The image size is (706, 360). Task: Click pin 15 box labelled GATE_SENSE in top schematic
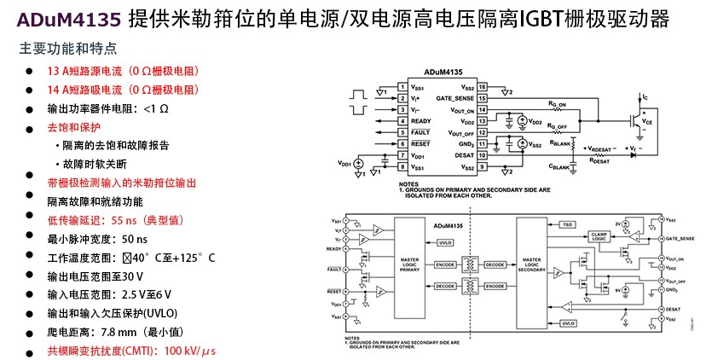coord(482,98)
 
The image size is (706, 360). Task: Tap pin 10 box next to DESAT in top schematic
coord(482,154)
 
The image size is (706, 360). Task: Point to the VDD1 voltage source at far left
coord(359,162)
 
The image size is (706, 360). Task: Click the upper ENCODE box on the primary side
coord(444,264)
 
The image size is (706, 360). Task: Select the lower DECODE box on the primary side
coord(444,286)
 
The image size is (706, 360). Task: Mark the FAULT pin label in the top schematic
coord(420,132)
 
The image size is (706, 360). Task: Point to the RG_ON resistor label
coord(558,102)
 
